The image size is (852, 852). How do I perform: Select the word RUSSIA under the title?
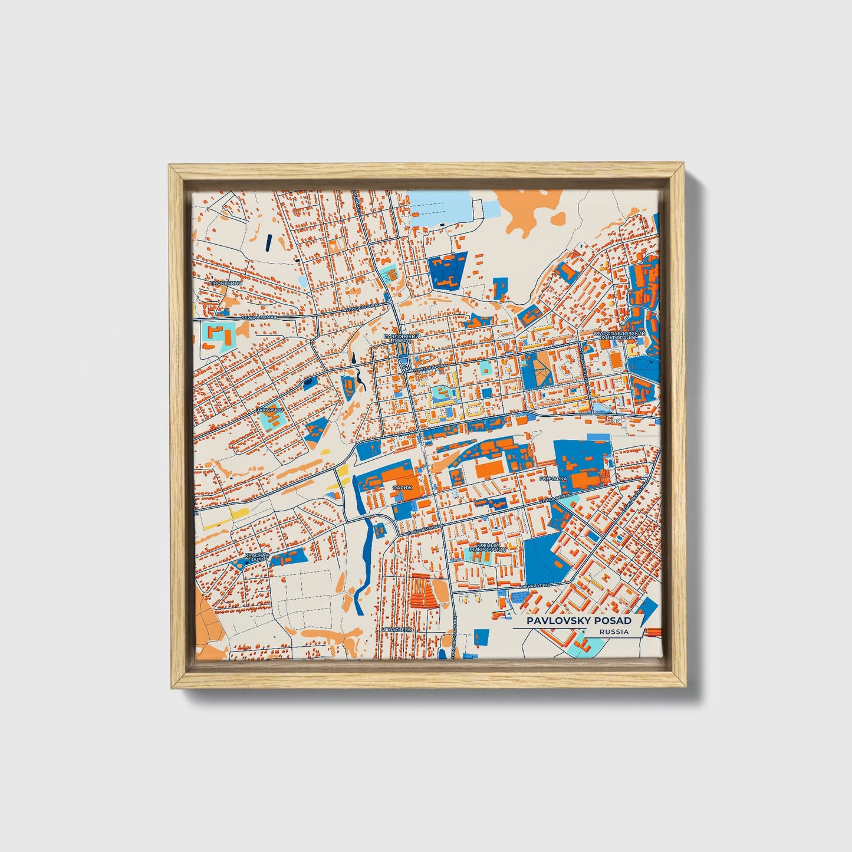pos(613,631)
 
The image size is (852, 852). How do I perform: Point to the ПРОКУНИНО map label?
pos(225,283)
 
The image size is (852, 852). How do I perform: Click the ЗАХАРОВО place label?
pos(269,409)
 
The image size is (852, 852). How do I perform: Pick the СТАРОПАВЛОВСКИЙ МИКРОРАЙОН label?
pos(619,336)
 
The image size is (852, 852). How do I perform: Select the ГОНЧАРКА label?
pos(552,479)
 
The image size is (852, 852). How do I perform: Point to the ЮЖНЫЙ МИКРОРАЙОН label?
pos(487,547)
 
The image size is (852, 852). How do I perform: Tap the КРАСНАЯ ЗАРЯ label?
pos(256,558)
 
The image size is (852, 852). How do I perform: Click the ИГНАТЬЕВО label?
pos(395,629)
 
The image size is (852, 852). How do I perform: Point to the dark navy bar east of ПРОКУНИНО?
pos(269,242)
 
